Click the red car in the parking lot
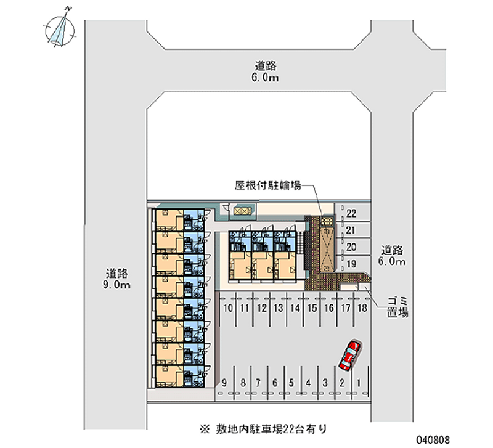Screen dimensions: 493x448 [x=349, y=355]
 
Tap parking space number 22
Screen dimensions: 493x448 [x=352, y=214]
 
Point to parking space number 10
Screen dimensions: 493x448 [x=228, y=307]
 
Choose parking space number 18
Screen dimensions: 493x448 [x=363, y=307]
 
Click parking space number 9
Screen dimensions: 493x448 [x=227, y=383]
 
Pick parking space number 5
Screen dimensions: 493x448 [x=291, y=383]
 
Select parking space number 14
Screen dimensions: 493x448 [x=295, y=307]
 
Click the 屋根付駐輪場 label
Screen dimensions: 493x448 [x=267, y=185]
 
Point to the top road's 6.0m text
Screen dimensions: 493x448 [x=266, y=78]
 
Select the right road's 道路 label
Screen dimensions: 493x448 [x=392, y=250]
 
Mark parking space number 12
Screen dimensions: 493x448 [x=261, y=307]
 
